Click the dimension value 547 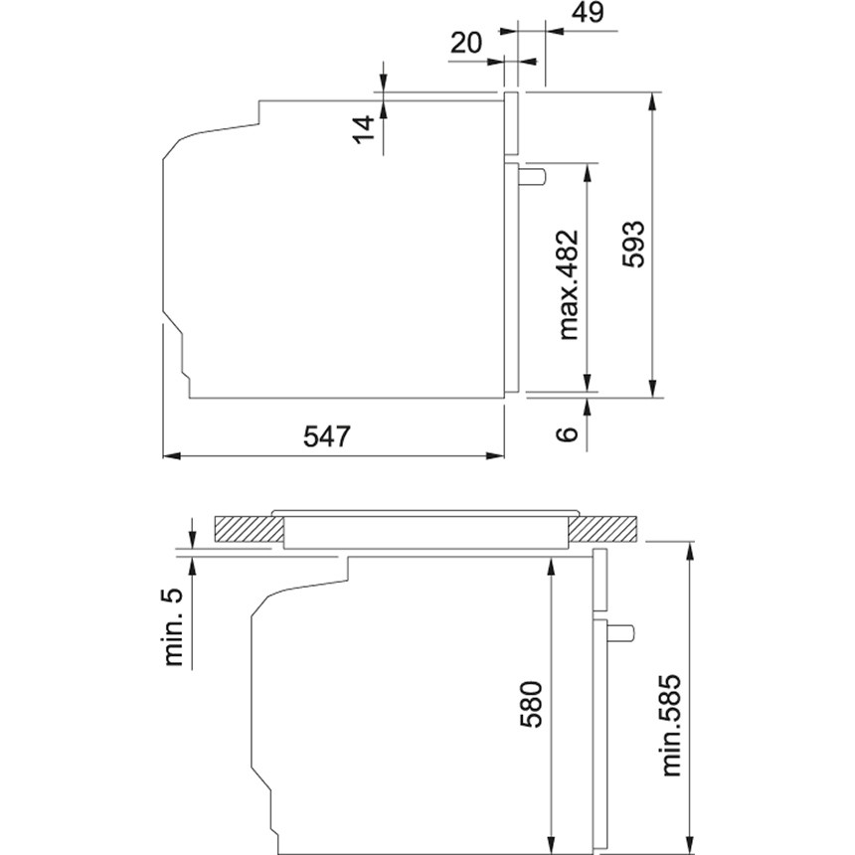point(327,436)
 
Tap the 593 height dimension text point(633,245)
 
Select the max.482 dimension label point(568,285)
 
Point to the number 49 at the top point(590,12)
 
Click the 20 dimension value point(466,43)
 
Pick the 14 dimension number point(365,129)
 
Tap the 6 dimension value point(567,433)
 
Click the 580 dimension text point(531,704)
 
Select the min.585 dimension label point(671,725)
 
